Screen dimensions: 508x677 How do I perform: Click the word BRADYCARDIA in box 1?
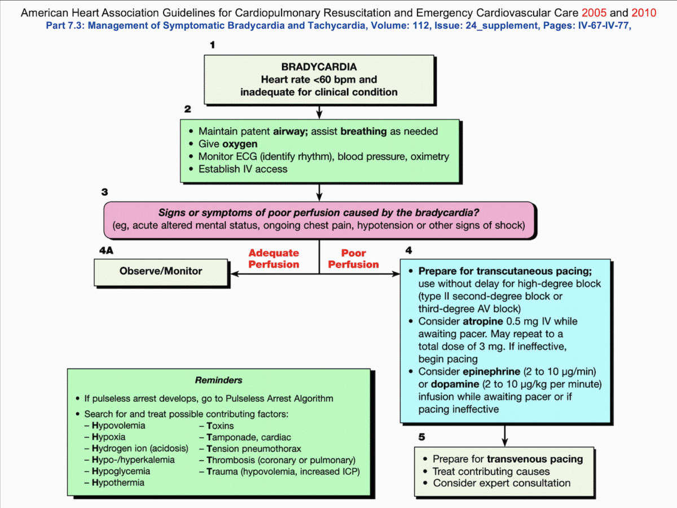click(319, 67)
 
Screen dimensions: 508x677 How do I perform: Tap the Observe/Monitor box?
click(161, 271)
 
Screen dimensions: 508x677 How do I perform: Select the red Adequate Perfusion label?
click(274, 259)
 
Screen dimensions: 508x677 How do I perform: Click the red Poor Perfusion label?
click(354, 259)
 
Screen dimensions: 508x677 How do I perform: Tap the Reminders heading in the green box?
click(218, 380)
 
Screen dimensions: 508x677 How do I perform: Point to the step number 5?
click(421, 436)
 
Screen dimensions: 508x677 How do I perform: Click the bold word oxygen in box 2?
click(240, 144)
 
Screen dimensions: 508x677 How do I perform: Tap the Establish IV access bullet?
click(243, 169)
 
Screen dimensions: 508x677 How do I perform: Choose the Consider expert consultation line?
click(502, 483)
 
